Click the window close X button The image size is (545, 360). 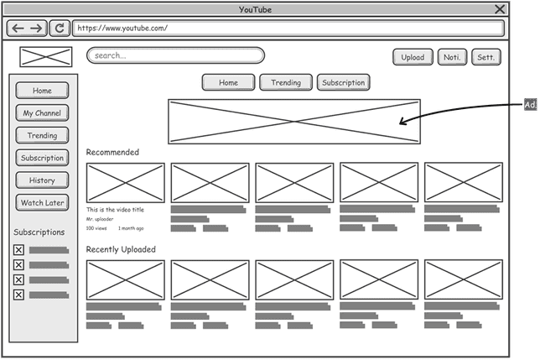[x=500, y=9]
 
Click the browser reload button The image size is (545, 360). [x=59, y=28]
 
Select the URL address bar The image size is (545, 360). [x=288, y=28]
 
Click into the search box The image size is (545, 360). [x=175, y=56]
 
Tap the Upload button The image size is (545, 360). [x=412, y=57]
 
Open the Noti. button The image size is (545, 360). [x=452, y=57]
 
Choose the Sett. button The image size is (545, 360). [x=485, y=57]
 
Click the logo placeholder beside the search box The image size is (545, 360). [x=46, y=57]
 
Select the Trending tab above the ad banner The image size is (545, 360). [x=286, y=82]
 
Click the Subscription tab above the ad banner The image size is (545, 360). [x=343, y=82]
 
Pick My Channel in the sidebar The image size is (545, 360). [x=42, y=113]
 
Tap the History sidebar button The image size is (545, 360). [x=42, y=180]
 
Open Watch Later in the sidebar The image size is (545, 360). [x=42, y=203]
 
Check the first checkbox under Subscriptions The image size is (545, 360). [x=18, y=250]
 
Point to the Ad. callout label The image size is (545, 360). [x=530, y=105]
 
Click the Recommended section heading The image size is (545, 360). [x=112, y=152]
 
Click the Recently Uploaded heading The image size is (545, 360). [x=121, y=249]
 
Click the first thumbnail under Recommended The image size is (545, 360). [x=126, y=182]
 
